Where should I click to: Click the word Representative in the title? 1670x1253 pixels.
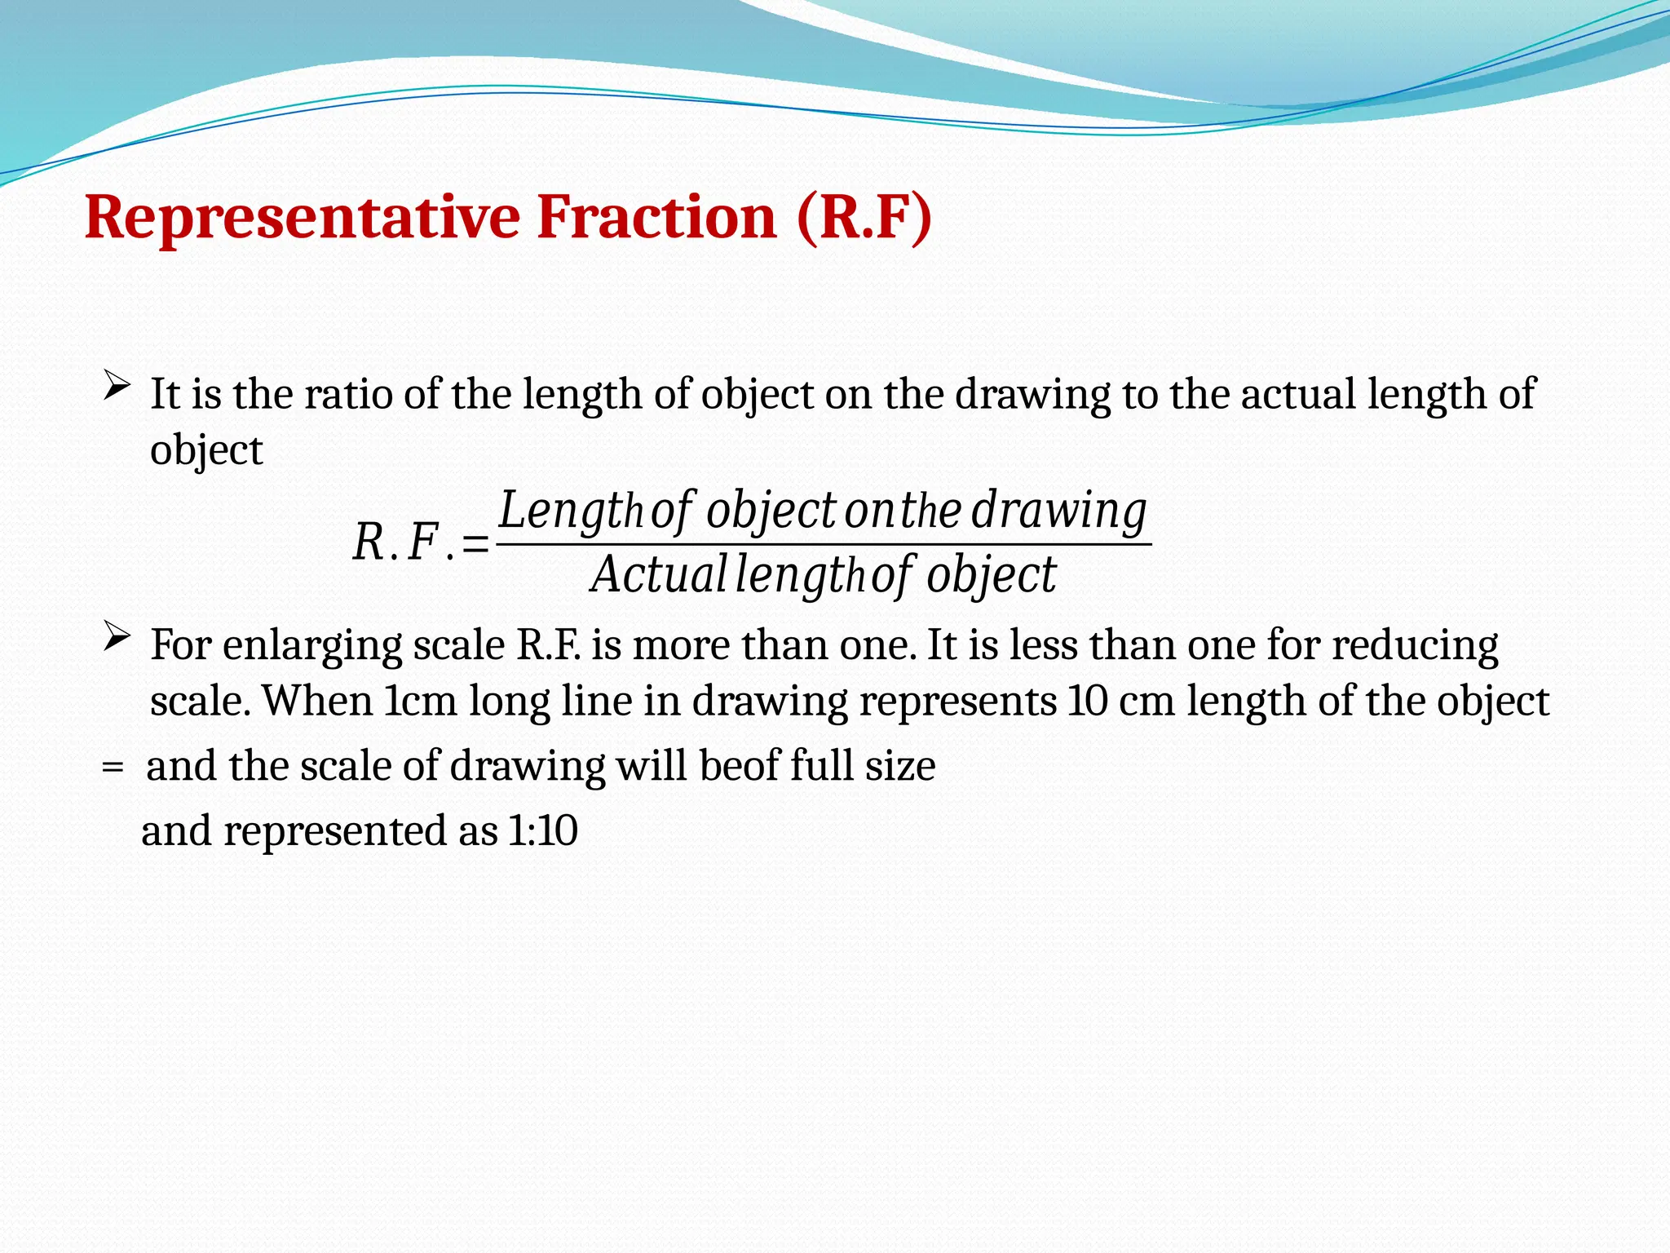click(302, 218)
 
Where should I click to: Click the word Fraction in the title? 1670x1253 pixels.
click(656, 218)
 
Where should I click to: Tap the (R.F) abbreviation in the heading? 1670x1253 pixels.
click(864, 218)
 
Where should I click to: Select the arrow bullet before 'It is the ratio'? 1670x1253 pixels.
click(117, 385)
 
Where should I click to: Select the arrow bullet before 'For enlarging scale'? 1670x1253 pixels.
click(117, 636)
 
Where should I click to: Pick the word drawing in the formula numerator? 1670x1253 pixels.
click(1058, 512)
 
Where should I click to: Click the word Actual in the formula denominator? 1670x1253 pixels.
click(658, 575)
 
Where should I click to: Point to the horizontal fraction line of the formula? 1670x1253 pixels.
click(824, 544)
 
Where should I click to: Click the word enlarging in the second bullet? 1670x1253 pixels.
click(312, 646)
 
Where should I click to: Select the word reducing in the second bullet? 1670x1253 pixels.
click(1415, 646)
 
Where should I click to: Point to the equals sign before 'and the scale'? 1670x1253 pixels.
click(113, 768)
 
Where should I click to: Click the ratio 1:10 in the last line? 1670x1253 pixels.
click(542, 831)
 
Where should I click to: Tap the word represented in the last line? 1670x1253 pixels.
click(335, 831)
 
